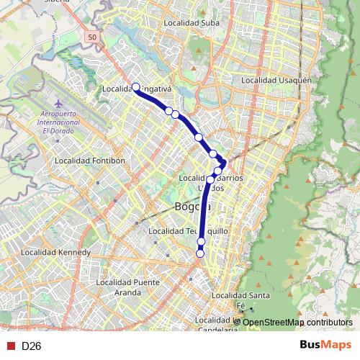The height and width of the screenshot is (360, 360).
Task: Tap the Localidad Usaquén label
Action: tap(277, 81)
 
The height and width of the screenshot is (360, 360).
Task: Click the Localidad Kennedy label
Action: tap(55, 253)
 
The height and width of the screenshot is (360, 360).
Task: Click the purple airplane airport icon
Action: tap(48, 110)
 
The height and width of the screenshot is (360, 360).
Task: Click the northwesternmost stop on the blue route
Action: tap(135, 87)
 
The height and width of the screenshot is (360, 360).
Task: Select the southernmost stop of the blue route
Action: tap(200, 253)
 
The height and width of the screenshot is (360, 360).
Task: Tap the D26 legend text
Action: tap(31, 346)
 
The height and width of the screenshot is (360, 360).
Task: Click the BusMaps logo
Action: tap(326, 346)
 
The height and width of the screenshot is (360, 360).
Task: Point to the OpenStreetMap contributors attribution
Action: tap(297, 323)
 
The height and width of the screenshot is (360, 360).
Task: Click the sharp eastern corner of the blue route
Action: tap(225, 162)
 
